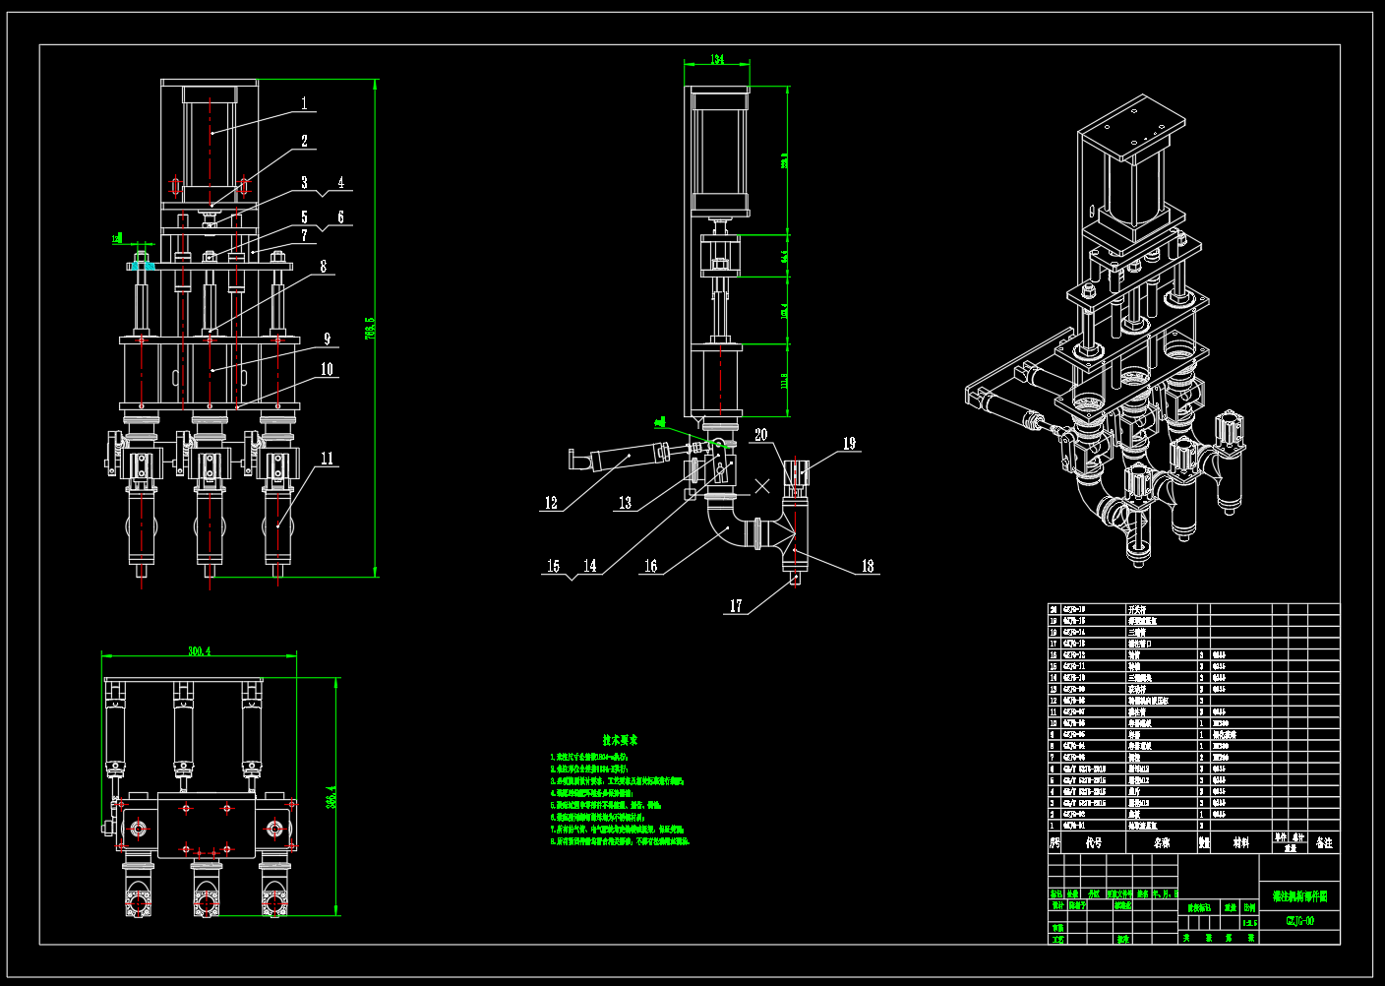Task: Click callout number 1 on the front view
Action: pyautogui.click(x=304, y=103)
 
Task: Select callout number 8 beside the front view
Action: pyautogui.click(x=323, y=267)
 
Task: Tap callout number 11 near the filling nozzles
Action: pyautogui.click(x=327, y=459)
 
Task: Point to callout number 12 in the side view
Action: pyautogui.click(x=551, y=503)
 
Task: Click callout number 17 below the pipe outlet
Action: pyautogui.click(x=736, y=606)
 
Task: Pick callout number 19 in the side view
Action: pyautogui.click(x=849, y=444)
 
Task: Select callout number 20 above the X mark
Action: pyautogui.click(x=761, y=434)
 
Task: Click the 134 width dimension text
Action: pyautogui.click(x=717, y=60)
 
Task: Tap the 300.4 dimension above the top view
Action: pyautogui.click(x=200, y=651)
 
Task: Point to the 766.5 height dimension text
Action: pyautogui.click(x=370, y=328)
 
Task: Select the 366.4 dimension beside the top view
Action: pyautogui.click(x=331, y=796)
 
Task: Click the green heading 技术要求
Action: pyautogui.click(x=621, y=740)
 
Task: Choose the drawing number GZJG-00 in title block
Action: pyautogui.click(x=1299, y=921)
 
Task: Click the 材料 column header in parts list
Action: pyautogui.click(x=1241, y=843)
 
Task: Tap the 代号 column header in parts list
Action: pyautogui.click(x=1094, y=843)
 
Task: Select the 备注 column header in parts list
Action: pyautogui.click(x=1324, y=843)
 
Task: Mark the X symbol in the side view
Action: pyautogui.click(x=762, y=486)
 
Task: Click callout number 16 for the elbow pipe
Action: pyautogui.click(x=650, y=566)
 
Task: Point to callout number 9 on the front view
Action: pyautogui.click(x=328, y=339)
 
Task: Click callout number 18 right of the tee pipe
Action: pyautogui.click(x=868, y=566)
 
